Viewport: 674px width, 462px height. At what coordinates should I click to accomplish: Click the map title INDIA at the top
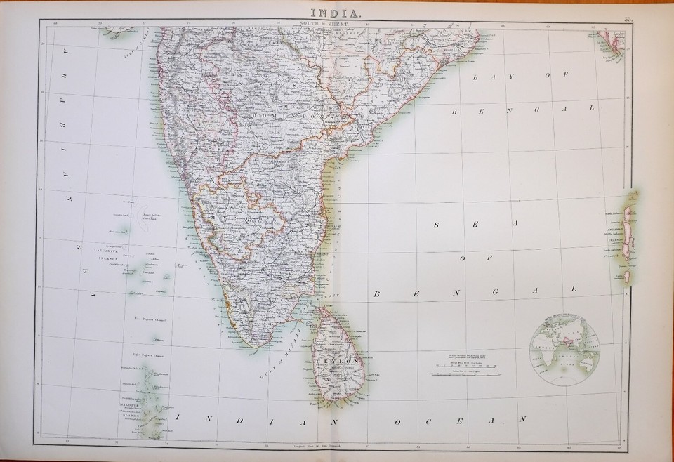336,12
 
